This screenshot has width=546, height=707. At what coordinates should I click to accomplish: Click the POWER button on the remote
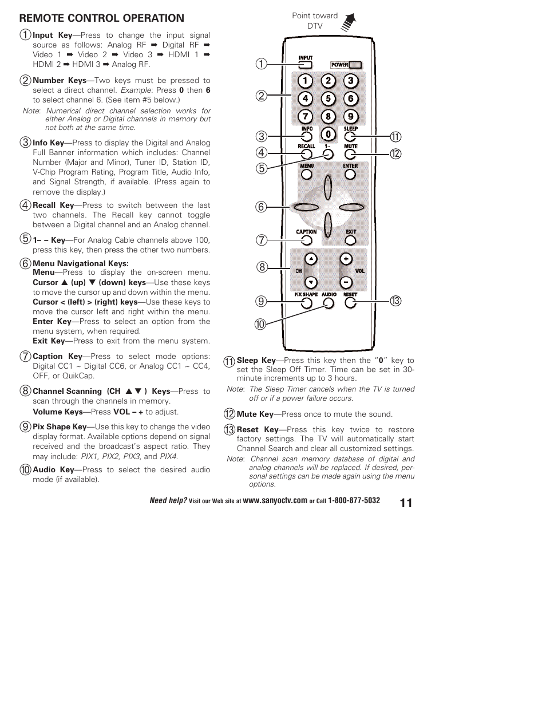click(355, 65)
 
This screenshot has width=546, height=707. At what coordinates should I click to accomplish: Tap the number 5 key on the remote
click(328, 98)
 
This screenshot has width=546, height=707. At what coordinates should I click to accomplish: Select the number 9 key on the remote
click(351, 117)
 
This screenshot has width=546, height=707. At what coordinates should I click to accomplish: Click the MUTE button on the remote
click(350, 154)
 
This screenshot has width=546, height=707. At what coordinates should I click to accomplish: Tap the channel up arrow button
click(310, 259)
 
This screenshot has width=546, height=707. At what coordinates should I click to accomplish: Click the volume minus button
click(346, 282)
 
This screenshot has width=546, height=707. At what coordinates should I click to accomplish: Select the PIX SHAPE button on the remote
click(306, 303)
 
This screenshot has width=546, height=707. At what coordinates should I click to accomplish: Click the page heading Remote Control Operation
click(102, 18)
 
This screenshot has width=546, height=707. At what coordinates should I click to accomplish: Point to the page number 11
click(406, 503)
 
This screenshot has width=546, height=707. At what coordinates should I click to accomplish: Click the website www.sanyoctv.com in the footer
click(275, 501)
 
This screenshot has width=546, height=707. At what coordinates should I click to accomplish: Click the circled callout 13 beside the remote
click(395, 301)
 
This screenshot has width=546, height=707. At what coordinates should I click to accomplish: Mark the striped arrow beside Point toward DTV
click(349, 22)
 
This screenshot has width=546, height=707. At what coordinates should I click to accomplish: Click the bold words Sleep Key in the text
click(256, 361)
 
